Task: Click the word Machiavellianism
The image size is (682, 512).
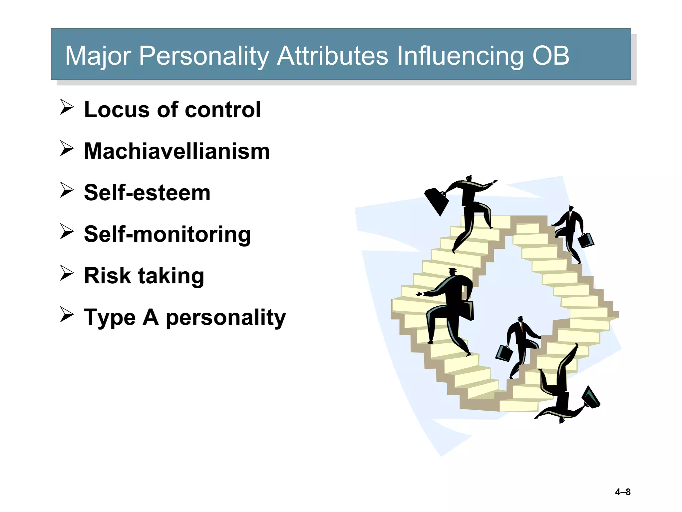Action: click(x=176, y=151)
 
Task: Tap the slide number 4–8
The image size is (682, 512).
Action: click(x=622, y=492)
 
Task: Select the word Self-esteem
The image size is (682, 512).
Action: click(x=147, y=193)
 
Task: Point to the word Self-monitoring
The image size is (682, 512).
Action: click(x=167, y=234)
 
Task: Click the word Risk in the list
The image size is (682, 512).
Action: click(x=107, y=276)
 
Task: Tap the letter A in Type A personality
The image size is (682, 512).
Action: click(x=151, y=317)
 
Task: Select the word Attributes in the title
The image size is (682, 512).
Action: click(x=332, y=55)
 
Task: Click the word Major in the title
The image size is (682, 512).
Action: click(x=98, y=56)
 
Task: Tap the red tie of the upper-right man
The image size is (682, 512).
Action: click(x=570, y=217)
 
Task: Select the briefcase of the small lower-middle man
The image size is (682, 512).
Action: click(x=504, y=353)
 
